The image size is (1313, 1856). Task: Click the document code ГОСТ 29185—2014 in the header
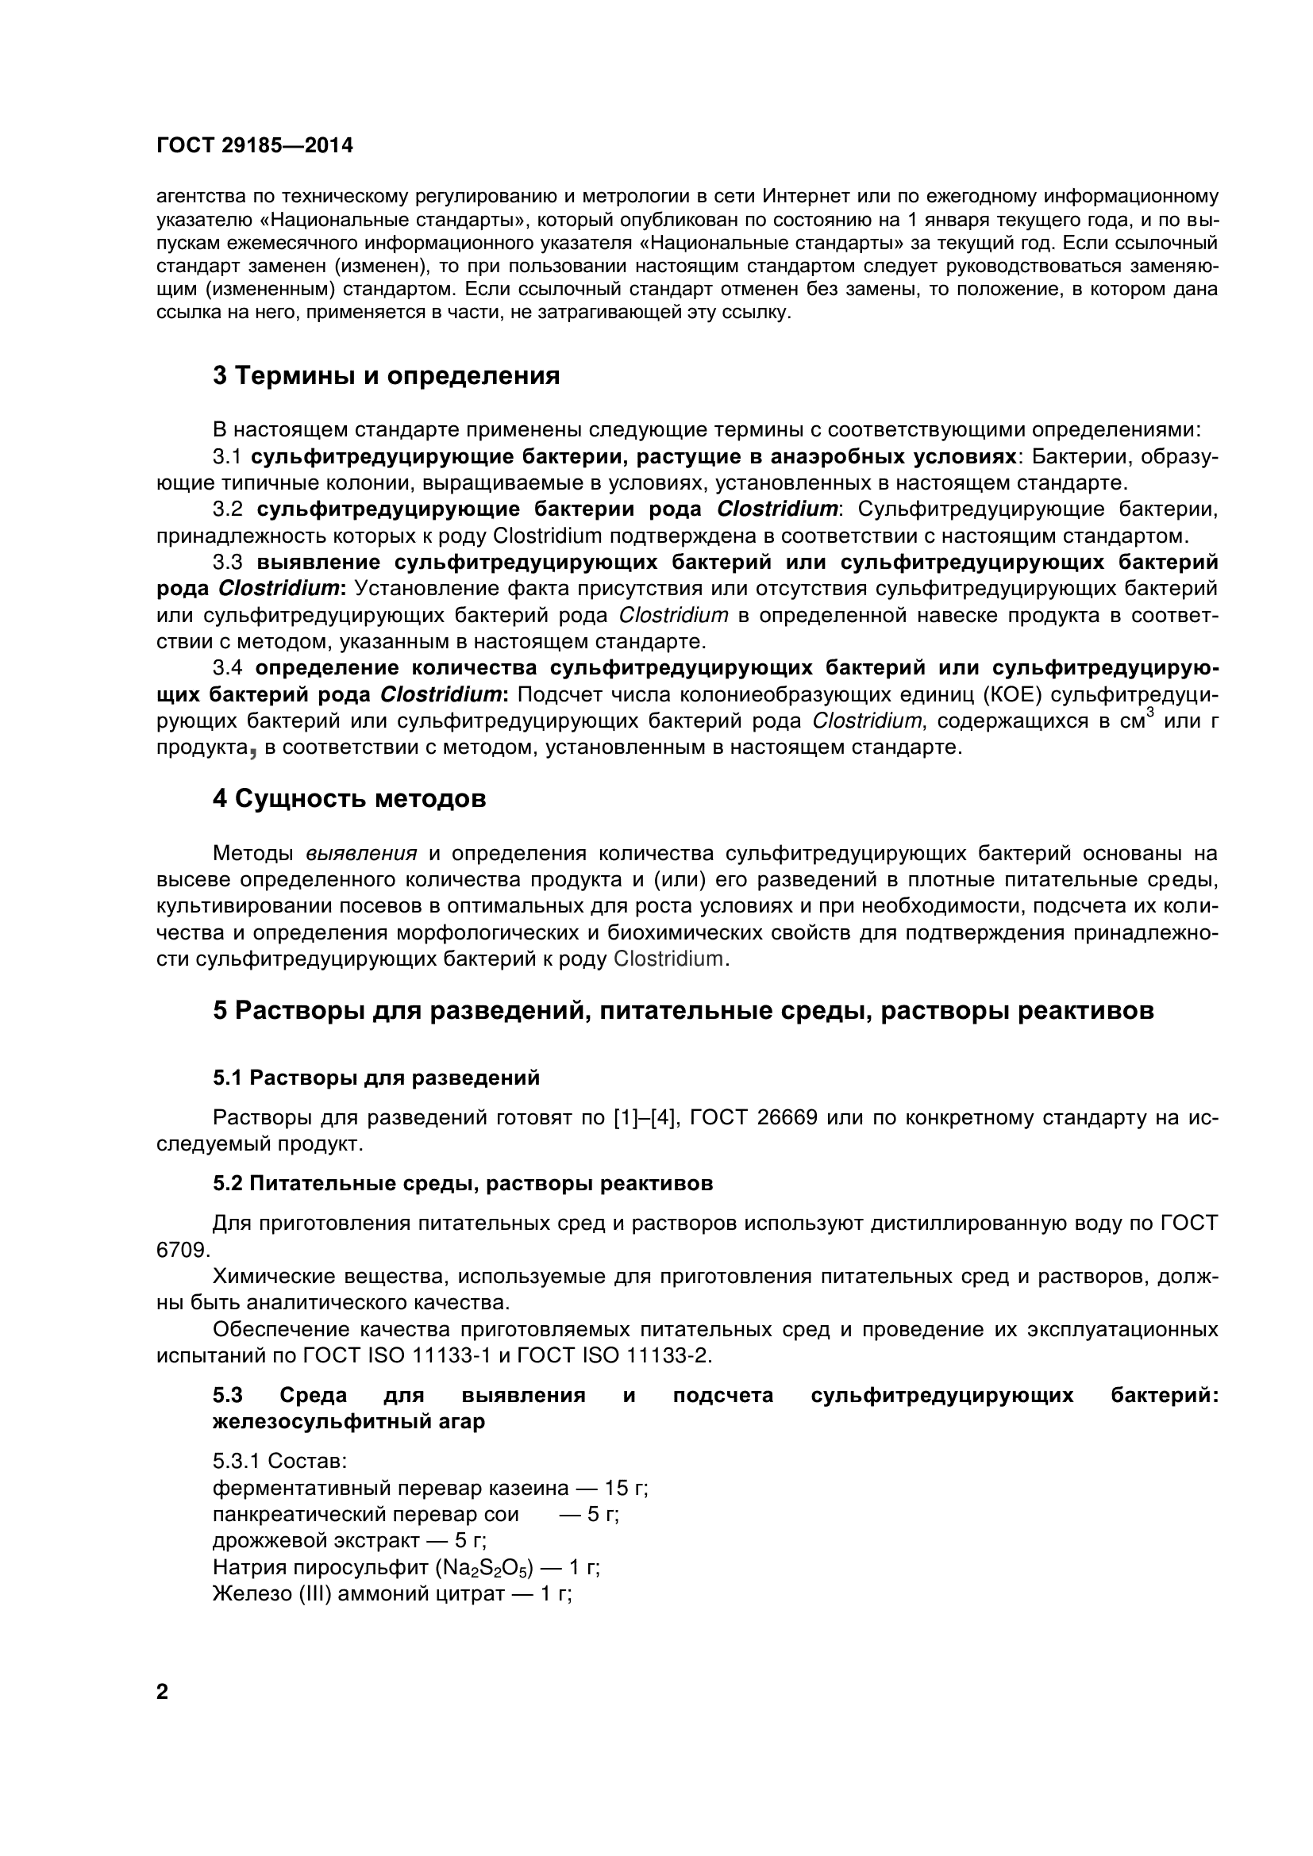[x=255, y=146]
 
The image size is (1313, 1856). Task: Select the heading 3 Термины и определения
[x=387, y=376]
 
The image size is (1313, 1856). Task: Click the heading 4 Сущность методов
[x=349, y=799]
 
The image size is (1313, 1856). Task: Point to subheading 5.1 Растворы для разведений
[x=377, y=1078]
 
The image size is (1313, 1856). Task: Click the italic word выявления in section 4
[x=361, y=854]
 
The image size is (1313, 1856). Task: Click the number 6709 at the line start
[x=183, y=1250]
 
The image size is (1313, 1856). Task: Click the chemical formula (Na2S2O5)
[x=485, y=1568]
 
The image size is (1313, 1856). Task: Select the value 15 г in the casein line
[x=626, y=1488]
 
